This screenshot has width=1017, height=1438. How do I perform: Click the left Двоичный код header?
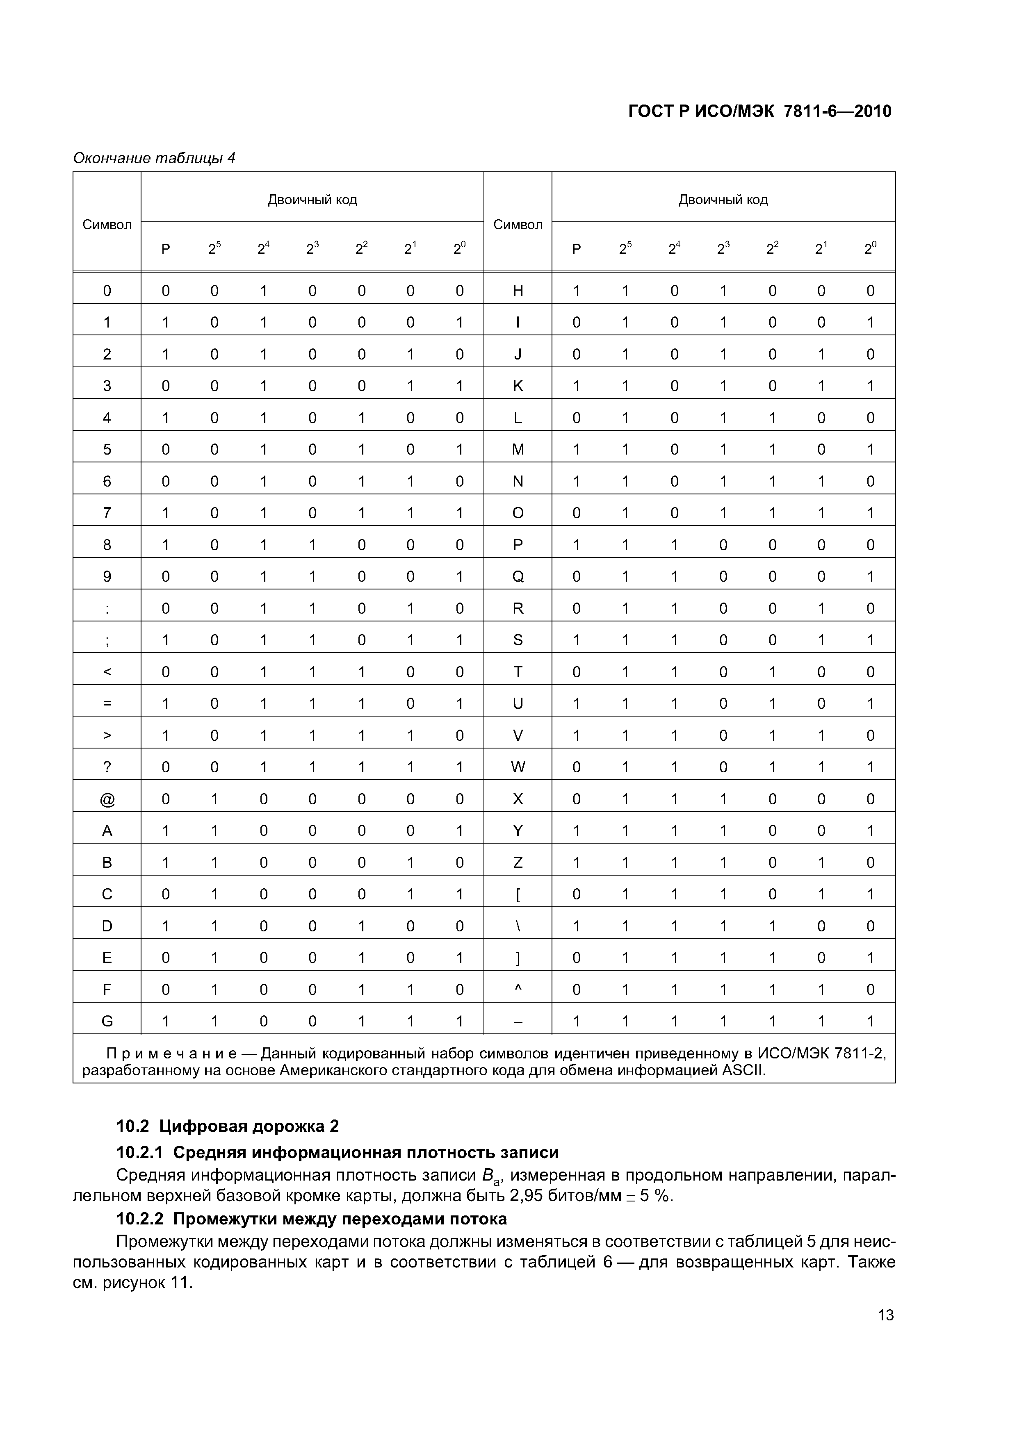pyautogui.click(x=312, y=200)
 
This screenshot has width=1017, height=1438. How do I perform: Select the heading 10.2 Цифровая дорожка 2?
pyautogui.click(x=228, y=1126)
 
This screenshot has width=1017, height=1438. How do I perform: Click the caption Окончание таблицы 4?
pyautogui.click(x=154, y=158)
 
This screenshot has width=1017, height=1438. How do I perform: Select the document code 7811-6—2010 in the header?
pyautogui.click(x=837, y=111)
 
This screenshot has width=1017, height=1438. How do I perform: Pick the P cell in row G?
pyautogui.click(x=165, y=1022)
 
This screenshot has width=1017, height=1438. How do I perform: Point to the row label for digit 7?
pyautogui.click(x=107, y=513)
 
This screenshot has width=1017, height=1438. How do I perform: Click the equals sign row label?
pyautogui.click(x=107, y=703)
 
